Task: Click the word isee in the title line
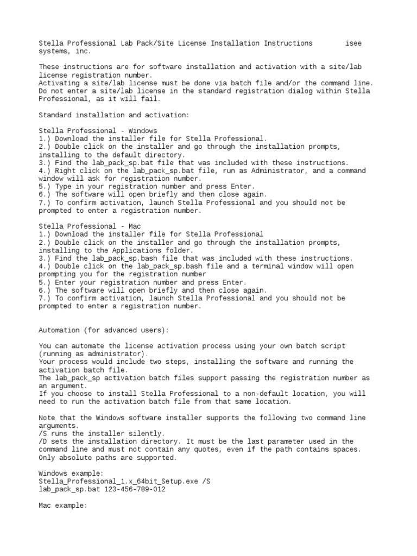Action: (353, 43)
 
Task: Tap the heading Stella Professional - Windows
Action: (98, 131)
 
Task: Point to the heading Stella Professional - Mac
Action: (90, 226)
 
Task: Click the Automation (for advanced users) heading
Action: (104, 330)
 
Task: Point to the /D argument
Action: (43, 441)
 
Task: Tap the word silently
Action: (146, 433)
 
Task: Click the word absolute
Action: (75, 458)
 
